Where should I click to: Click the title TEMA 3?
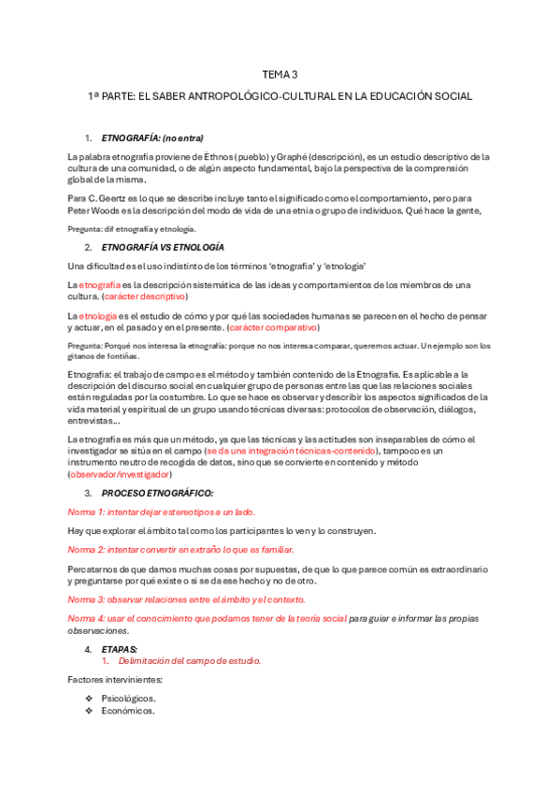click(280, 75)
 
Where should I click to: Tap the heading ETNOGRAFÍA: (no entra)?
click(151, 138)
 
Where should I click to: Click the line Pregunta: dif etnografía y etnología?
click(132, 228)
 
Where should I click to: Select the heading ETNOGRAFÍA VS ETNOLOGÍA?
click(162, 247)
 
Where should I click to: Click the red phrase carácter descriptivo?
click(145, 296)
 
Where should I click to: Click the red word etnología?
click(99, 315)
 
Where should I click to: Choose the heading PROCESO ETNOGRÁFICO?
click(157, 493)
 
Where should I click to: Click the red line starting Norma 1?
click(161, 512)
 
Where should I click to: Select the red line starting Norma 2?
click(180, 550)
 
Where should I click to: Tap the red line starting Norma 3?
click(186, 598)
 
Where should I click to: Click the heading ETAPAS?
click(120, 648)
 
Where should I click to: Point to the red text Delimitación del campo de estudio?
click(194, 660)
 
